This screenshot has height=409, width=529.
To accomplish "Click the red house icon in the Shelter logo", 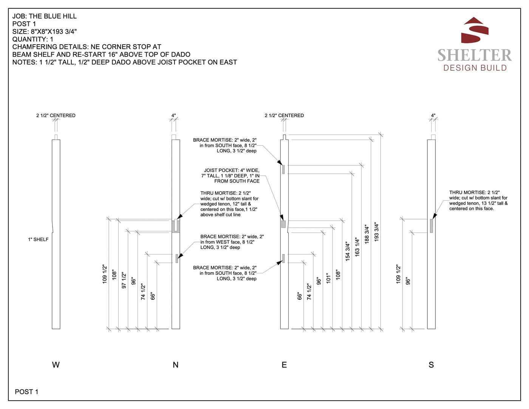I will (x=475, y=30).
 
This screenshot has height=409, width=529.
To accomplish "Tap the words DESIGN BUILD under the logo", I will (x=475, y=68).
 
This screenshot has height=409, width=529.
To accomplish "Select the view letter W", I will (x=56, y=365).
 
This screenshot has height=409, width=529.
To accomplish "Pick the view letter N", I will (x=175, y=365).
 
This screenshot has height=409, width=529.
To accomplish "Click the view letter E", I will (x=284, y=365).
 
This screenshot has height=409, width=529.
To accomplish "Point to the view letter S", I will (x=431, y=365).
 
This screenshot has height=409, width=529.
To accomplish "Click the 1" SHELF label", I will (x=38, y=239).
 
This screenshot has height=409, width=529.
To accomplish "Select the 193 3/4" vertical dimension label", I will (x=376, y=232).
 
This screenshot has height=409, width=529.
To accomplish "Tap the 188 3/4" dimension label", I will (x=367, y=234).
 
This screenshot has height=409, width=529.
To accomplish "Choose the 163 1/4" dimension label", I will (x=357, y=247).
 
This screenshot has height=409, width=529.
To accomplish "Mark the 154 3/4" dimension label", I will (x=348, y=251).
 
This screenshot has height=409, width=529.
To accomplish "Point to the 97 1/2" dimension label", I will (x=124, y=280).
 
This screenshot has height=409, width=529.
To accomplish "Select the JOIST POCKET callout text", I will (x=231, y=176).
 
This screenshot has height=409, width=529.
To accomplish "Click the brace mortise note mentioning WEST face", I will (x=232, y=242).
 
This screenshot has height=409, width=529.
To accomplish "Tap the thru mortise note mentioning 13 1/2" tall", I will (x=478, y=200).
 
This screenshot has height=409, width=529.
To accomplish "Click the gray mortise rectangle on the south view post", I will (x=431, y=226).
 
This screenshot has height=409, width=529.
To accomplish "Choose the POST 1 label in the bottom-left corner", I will (x=26, y=392).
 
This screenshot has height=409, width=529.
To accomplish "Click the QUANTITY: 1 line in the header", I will (x=33, y=39).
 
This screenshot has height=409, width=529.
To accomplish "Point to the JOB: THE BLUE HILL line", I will (x=45, y=16).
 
